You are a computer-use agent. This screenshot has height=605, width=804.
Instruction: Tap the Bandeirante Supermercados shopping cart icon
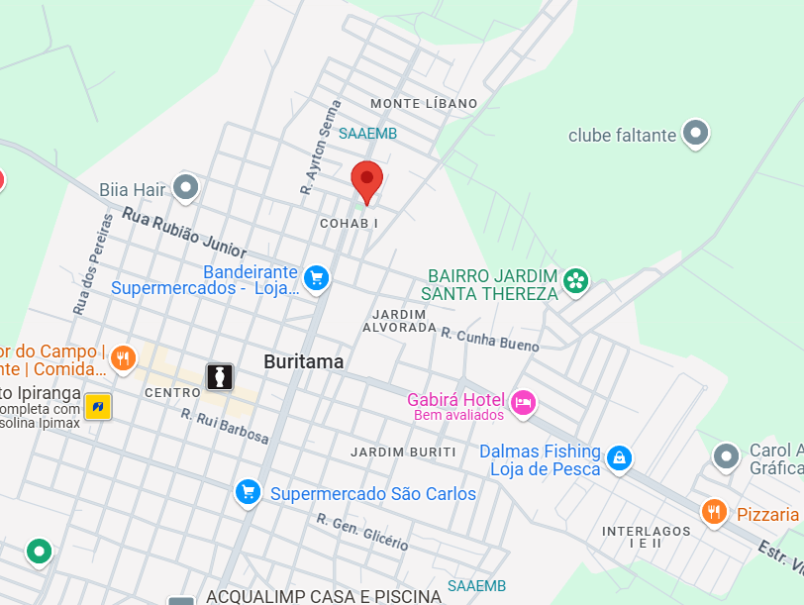[316, 278]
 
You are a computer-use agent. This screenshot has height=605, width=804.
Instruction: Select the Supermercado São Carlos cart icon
[248, 491]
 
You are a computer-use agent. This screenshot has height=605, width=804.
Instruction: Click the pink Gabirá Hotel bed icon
[523, 402]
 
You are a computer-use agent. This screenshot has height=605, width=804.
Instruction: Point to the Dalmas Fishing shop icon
[619, 457]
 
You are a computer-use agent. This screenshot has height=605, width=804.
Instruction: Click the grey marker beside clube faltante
[696, 134]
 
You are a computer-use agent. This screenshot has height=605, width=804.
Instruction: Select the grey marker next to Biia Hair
[185, 186]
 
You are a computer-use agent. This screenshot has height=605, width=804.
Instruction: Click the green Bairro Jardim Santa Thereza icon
[574, 281]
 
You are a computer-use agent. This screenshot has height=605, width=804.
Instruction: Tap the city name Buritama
[304, 362]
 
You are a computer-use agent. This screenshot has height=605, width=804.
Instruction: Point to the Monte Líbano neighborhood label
[424, 103]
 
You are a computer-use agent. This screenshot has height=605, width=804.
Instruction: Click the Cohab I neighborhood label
[350, 224]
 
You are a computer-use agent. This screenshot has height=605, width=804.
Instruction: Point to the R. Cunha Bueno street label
[490, 340]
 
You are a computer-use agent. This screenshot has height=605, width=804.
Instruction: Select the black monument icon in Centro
[219, 376]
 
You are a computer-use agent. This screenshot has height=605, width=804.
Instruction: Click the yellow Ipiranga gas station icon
[97, 406]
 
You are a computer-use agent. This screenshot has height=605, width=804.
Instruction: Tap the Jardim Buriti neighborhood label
[403, 453]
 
